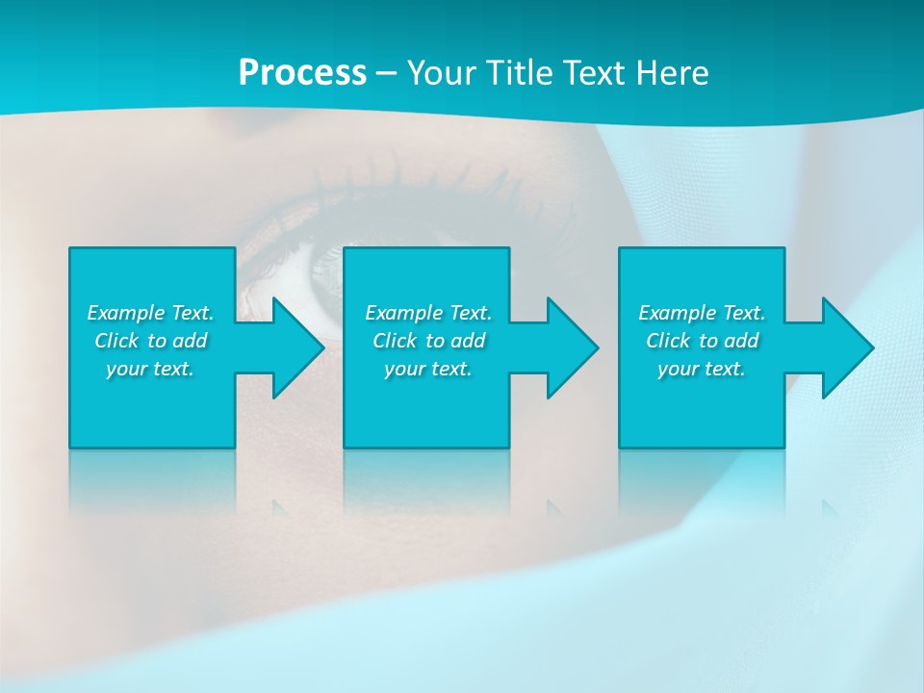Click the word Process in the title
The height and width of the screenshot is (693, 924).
tap(302, 73)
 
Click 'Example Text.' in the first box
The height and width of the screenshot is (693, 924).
tap(151, 313)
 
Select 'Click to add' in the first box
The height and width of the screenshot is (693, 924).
tap(151, 341)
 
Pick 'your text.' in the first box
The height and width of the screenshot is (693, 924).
tap(151, 369)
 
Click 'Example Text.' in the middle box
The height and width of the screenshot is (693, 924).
tap(428, 313)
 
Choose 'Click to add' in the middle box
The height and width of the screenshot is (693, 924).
tap(428, 341)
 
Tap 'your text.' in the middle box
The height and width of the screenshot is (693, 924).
tap(428, 369)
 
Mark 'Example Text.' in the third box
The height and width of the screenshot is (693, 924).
tap(702, 313)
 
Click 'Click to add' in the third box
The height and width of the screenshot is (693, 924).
tap(702, 341)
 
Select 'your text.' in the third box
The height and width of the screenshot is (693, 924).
tap(702, 369)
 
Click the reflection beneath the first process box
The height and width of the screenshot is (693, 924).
tap(152, 481)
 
